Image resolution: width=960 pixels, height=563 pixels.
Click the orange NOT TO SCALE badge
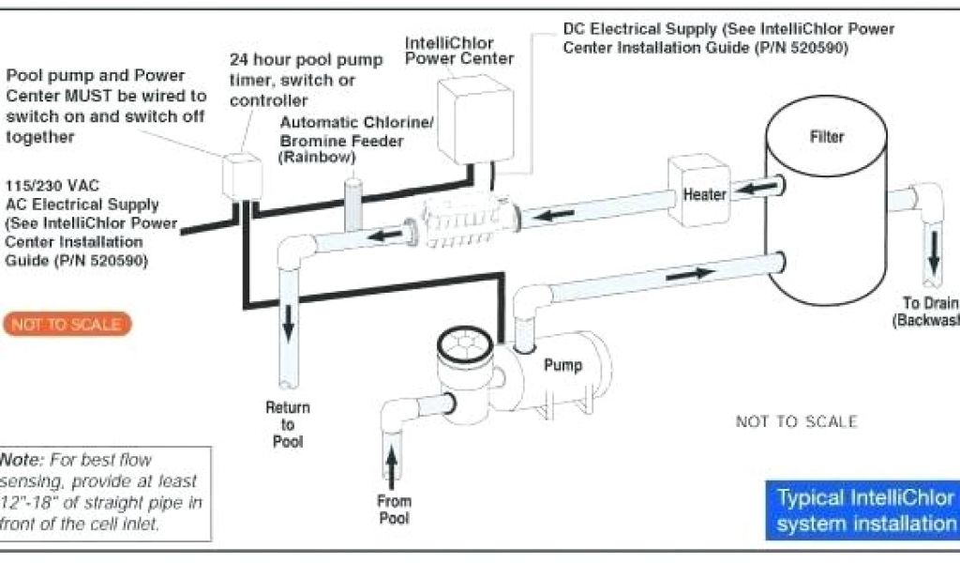point(67,325)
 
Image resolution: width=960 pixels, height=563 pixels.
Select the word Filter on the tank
point(827,137)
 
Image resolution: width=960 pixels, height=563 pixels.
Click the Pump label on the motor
point(562,364)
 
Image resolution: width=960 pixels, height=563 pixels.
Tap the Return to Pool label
point(288,424)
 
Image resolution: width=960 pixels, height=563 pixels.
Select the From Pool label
point(395,509)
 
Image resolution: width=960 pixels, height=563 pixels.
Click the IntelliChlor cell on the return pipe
point(458,222)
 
